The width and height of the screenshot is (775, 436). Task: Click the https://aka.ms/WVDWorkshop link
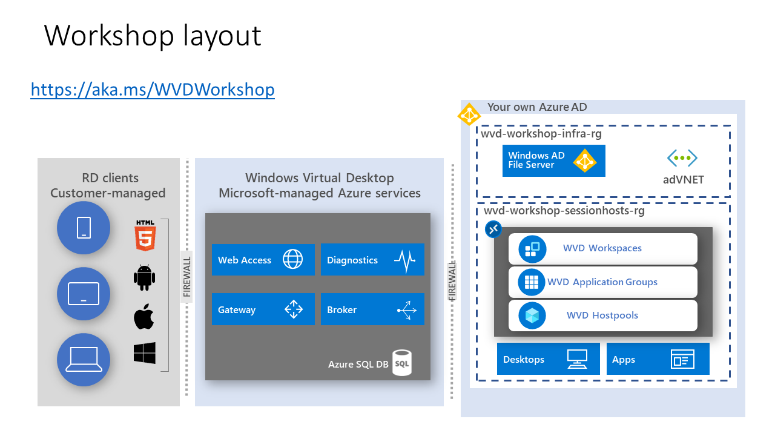point(153,90)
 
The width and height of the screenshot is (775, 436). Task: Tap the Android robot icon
point(144,277)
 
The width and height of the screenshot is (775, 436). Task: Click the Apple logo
point(143,317)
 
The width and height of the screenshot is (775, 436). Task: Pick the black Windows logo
point(144,353)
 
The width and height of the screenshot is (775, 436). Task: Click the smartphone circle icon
point(84,228)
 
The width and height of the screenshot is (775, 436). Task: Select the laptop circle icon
point(84,360)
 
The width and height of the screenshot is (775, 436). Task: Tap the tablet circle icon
point(84,294)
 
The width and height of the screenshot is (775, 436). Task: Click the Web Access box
point(263,260)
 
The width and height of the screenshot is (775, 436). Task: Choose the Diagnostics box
point(372,260)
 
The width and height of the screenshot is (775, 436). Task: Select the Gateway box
point(263,309)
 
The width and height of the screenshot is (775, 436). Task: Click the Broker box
point(372,309)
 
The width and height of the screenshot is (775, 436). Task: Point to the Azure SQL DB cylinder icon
point(401,363)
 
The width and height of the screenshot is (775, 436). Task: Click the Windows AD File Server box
point(553,160)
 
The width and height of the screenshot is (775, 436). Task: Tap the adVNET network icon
point(682,159)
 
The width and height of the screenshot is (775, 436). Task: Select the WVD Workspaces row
point(602,248)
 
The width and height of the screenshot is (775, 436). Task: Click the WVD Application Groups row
point(602,282)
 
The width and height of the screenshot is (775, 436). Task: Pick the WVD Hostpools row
point(602,315)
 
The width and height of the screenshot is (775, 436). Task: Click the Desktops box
point(548,359)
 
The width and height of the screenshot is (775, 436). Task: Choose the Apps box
point(657,359)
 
